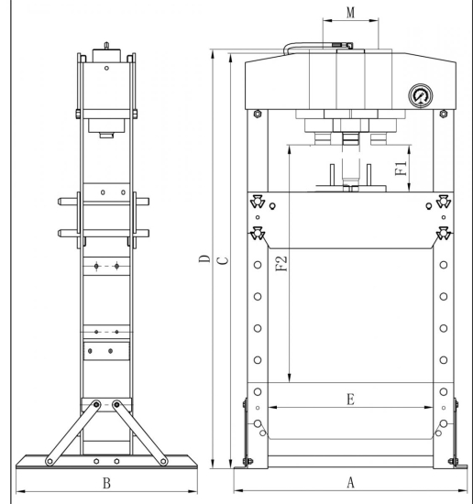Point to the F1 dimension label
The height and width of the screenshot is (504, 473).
tap(401, 170)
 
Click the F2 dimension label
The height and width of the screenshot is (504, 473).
tap(282, 264)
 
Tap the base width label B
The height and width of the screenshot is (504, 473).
tap(106, 481)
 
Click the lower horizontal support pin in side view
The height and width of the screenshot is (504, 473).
tap(106, 232)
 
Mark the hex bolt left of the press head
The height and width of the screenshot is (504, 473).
tap(258, 115)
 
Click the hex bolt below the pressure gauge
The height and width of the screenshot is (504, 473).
tap(444, 115)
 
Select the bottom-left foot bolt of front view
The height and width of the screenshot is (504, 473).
tap(246, 461)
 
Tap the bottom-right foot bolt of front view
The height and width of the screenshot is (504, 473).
tap(453, 461)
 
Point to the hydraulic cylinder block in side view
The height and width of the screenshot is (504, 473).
tap(106, 124)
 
